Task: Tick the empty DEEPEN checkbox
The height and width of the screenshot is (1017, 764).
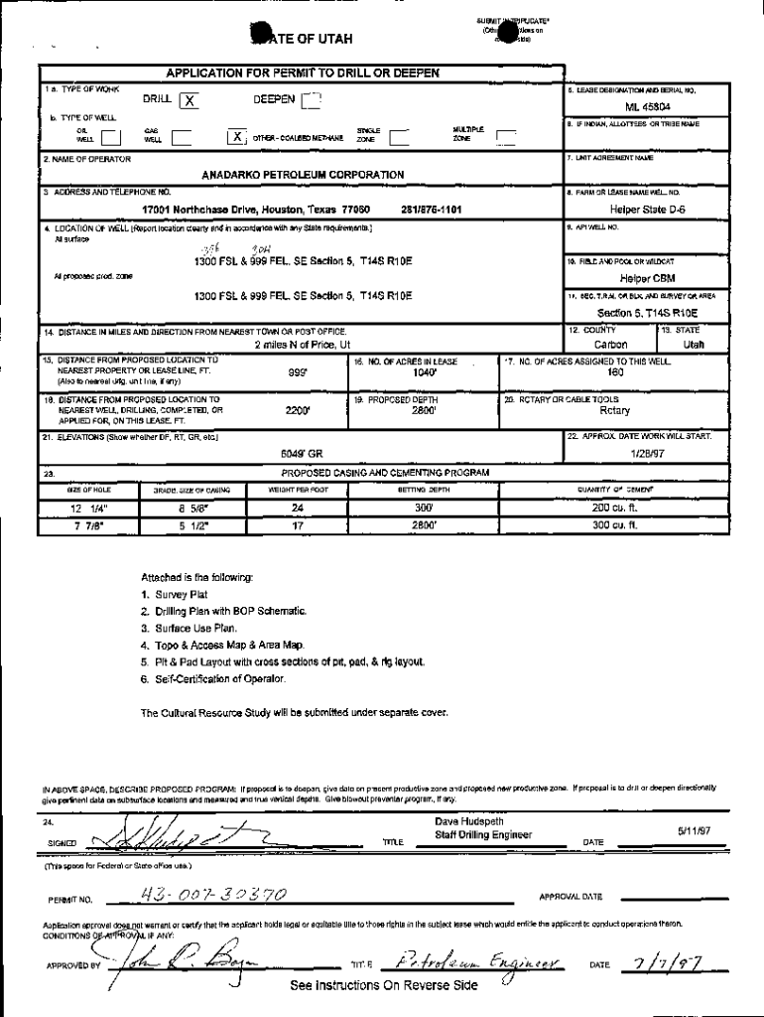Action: (x=312, y=99)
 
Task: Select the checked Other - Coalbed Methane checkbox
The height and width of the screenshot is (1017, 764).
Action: (x=236, y=137)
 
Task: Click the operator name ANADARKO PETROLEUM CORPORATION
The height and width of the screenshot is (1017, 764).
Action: (x=303, y=174)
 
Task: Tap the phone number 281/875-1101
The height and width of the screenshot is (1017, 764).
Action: (x=430, y=210)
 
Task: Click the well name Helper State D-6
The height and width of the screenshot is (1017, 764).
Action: (x=647, y=210)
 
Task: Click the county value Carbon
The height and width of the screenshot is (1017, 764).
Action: (x=610, y=344)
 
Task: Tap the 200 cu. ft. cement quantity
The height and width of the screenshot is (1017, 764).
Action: (x=613, y=508)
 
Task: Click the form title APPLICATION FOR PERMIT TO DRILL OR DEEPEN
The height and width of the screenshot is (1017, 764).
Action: (x=303, y=73)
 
